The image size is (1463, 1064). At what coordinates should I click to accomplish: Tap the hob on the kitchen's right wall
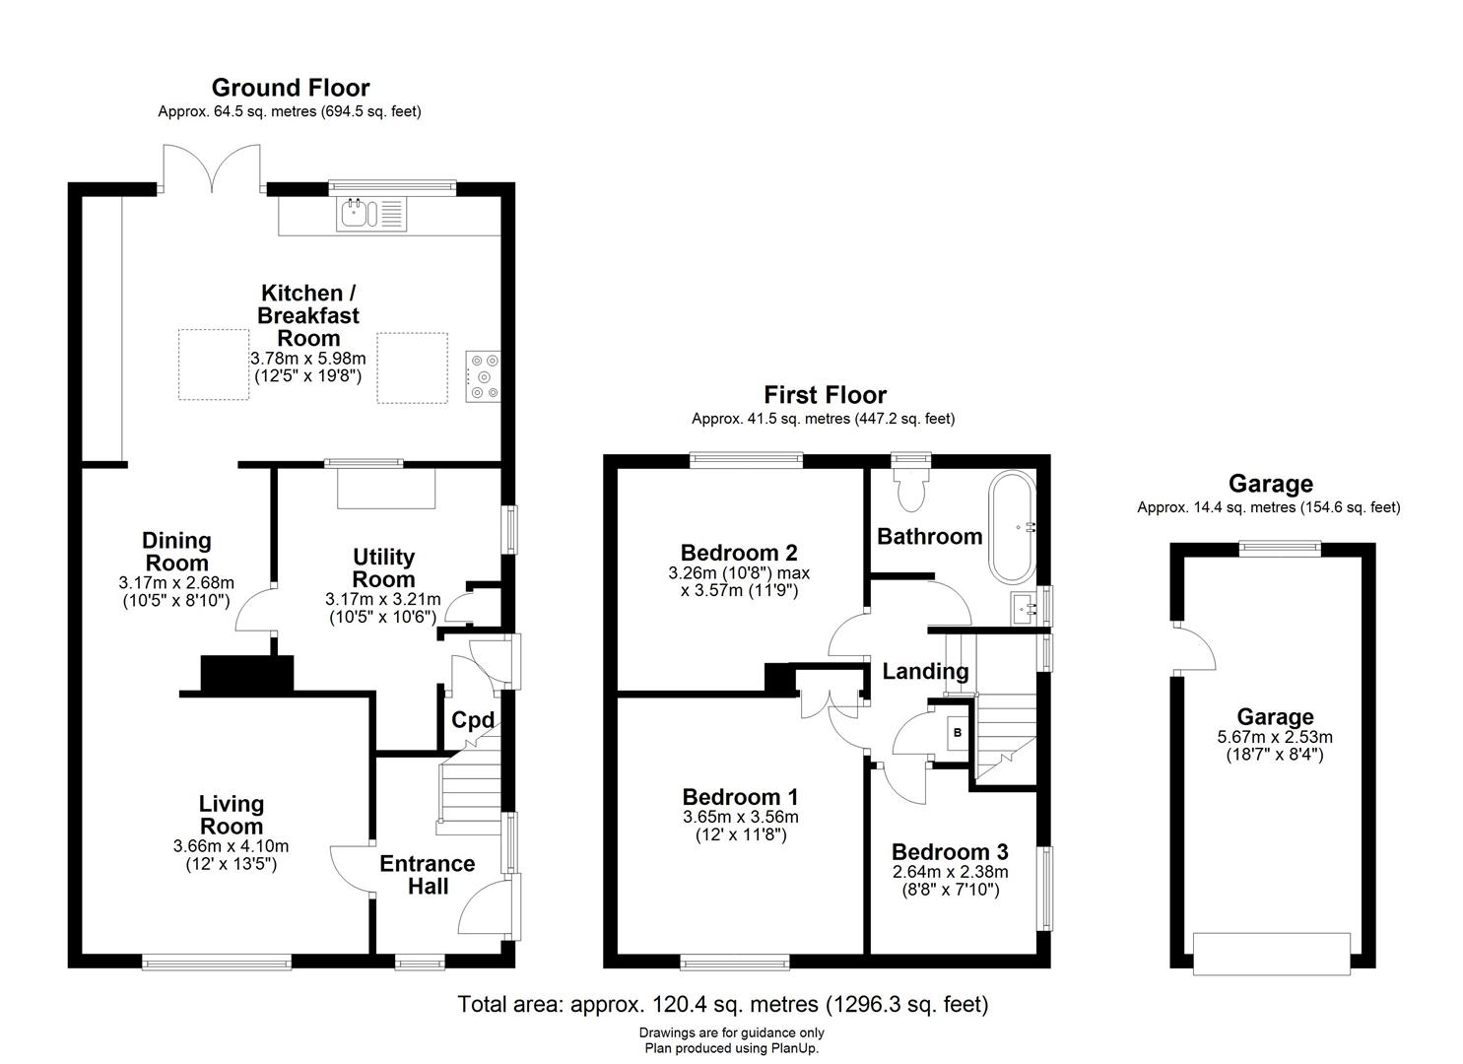click(484, 376)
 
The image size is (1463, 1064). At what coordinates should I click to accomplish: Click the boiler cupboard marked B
click(957, 733)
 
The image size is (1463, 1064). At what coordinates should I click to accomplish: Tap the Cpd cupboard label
click(472, 720)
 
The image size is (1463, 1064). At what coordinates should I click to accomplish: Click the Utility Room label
click(383, 568)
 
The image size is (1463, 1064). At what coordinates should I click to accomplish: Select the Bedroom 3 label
click(950, 851)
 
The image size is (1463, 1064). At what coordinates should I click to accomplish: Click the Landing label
click(925, 672)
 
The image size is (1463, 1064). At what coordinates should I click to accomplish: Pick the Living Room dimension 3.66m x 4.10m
click(231, 846)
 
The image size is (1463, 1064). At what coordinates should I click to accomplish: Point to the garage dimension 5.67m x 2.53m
click(1275, 737)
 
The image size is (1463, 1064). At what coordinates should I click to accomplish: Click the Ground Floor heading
click(290, 88)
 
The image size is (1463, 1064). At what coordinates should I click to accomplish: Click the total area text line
click(722, 1005)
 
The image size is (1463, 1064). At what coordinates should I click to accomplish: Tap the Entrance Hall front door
click(487, 908)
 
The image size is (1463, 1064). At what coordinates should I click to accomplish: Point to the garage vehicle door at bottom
click(1271, 953)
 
